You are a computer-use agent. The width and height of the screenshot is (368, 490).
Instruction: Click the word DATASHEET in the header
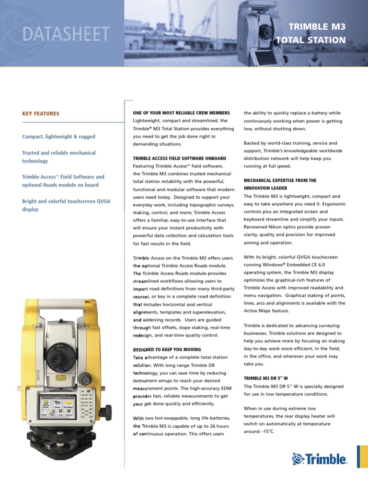[66, 34]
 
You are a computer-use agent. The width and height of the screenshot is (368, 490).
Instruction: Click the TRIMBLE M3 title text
[316, 26]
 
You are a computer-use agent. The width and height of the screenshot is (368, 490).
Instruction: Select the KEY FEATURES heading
[41, 114]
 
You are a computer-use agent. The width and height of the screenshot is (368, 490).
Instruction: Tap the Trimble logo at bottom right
[320, 459]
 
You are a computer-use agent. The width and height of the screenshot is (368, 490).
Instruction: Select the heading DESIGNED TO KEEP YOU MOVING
[167, 350]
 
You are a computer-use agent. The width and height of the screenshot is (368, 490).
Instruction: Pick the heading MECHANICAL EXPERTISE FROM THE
[280, 180]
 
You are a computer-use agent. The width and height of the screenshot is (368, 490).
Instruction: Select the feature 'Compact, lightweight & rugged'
[58, 137]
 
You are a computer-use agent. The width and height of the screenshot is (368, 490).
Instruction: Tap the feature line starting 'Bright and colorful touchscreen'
[66, 201]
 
